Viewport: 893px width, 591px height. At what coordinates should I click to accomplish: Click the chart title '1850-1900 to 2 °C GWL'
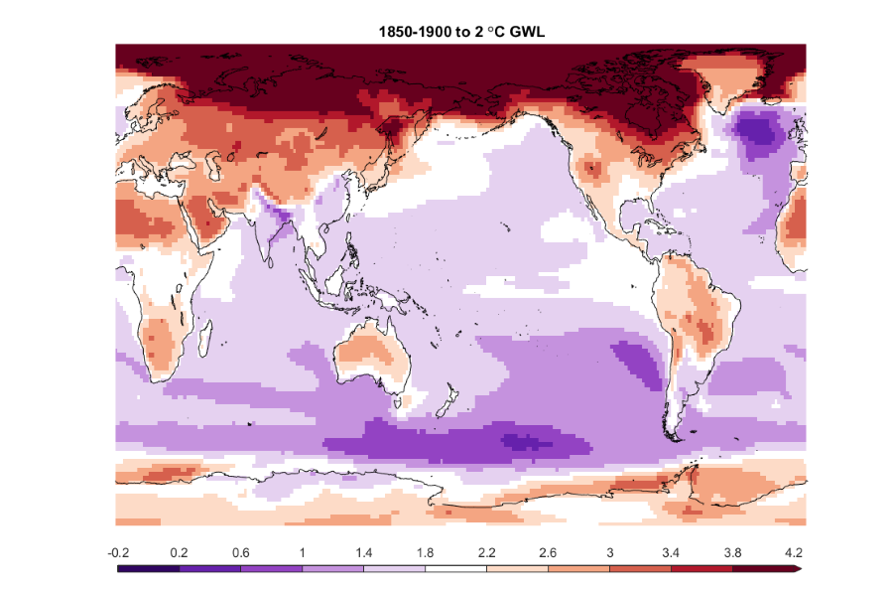point(461,33)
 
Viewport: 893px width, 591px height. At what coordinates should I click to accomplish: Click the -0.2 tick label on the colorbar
point(119,551)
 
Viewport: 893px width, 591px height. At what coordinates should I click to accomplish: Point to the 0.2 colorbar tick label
point(180,551)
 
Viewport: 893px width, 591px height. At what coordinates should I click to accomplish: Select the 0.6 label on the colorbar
point(241,551)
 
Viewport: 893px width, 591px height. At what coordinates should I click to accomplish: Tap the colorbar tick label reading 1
point(303,551)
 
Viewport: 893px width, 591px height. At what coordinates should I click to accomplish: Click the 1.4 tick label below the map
point(364,551)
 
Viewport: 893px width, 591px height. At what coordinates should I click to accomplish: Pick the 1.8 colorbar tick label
point(426,551)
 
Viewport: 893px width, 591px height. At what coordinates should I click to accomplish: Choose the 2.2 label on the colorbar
point(487,551)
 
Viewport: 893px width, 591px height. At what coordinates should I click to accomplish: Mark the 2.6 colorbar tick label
point(549,551)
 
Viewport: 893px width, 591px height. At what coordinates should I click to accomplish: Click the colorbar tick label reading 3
point(610,551)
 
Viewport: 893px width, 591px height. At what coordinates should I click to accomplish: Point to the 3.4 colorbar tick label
point(672,551)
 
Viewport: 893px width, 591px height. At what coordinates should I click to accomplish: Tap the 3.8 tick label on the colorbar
point(732,551)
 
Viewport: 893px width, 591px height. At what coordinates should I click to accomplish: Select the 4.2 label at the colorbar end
point(793,551)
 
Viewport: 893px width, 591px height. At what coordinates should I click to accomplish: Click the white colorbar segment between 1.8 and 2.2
point(456,568)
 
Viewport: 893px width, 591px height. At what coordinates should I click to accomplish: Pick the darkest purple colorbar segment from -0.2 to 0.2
point(149,568)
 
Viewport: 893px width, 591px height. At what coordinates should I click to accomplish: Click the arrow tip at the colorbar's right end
point(799,568)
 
